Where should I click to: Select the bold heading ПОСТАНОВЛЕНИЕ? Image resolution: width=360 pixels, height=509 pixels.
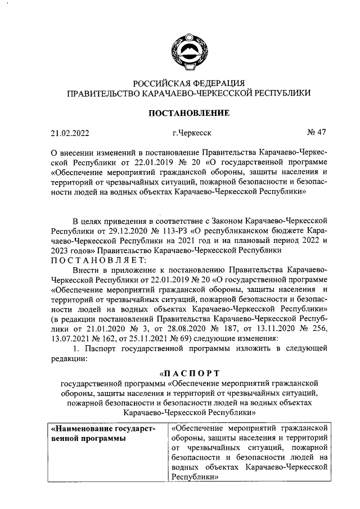point(188,113)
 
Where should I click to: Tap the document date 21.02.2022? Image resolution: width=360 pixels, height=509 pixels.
point(70,134)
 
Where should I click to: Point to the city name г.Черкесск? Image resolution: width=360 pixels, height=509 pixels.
point(192,134)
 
